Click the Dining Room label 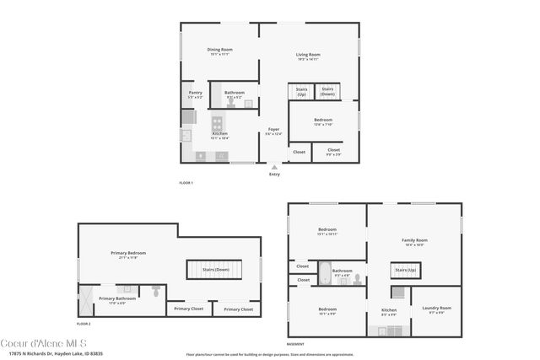[220, 50]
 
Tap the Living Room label [307, 55]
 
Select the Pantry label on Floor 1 [195, 93]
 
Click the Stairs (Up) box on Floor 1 [301, 92]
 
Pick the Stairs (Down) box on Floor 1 [327, 91]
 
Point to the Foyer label [273, 130]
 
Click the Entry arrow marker [274, 167]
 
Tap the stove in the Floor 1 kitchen [216, 122]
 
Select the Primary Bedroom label [128, 253]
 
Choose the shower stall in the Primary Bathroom [86, 297]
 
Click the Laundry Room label [436, 308]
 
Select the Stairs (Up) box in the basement [405, 270]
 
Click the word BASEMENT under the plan [295, 344]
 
